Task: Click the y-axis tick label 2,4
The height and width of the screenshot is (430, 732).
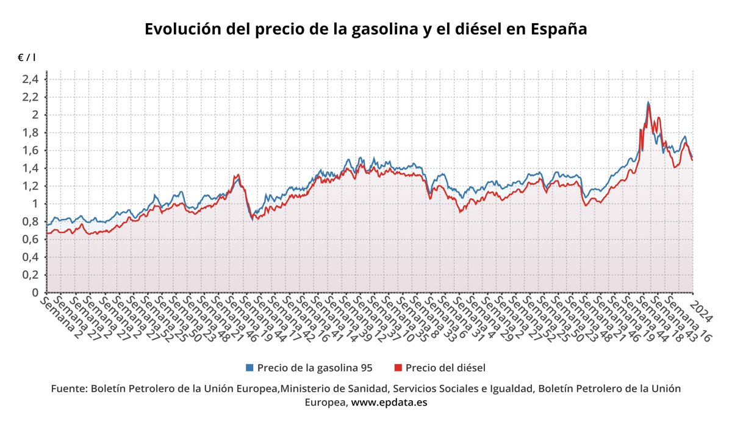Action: tap(30, 79)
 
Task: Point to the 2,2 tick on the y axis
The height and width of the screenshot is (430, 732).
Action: tap(30, 97)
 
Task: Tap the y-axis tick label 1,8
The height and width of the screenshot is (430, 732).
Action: tap(30, 132)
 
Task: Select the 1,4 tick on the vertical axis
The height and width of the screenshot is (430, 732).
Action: tap(30, 168)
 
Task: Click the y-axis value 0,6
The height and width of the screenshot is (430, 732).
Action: tap(30, 239)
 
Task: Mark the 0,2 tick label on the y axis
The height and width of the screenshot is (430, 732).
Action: tap(30, 275)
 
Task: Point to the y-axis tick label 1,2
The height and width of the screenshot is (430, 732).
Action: tap(30, 186)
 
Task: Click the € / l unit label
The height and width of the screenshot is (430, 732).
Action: tap(26, 57)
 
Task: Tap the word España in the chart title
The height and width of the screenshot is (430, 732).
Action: tap(558, 29)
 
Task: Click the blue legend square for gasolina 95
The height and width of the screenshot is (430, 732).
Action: tap(249, 368)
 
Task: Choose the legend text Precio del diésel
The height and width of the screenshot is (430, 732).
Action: tap(445, 368)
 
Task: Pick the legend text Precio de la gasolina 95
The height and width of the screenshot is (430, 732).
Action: tap(314, 368)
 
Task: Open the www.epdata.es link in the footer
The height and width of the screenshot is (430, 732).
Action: tap(389, 403)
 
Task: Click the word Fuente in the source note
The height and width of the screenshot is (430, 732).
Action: tap(68, 389)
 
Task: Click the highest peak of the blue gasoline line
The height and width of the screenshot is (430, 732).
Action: tap(648, 102)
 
